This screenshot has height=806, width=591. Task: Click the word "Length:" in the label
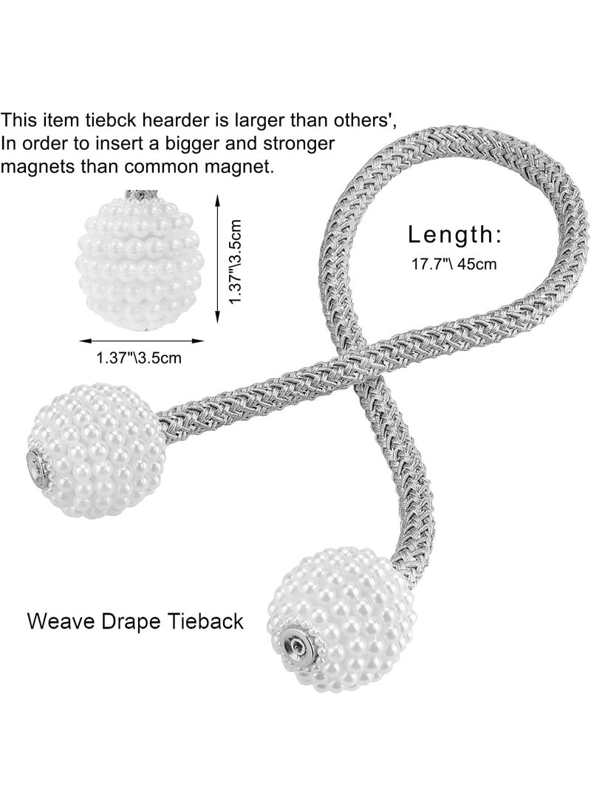(455, 234)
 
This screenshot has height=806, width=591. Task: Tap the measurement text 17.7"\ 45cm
(454, 264)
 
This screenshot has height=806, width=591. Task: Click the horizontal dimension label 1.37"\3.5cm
(139, 358)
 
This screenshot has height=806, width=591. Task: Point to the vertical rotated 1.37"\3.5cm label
(235, 261)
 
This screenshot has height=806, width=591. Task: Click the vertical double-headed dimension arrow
(217, 259)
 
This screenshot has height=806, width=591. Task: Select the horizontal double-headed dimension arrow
(141, 340)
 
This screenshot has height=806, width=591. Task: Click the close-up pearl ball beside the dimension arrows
(138, 262)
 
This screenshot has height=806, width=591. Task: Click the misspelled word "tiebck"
(106, 120)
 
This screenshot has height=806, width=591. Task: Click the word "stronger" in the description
(299, 145)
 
